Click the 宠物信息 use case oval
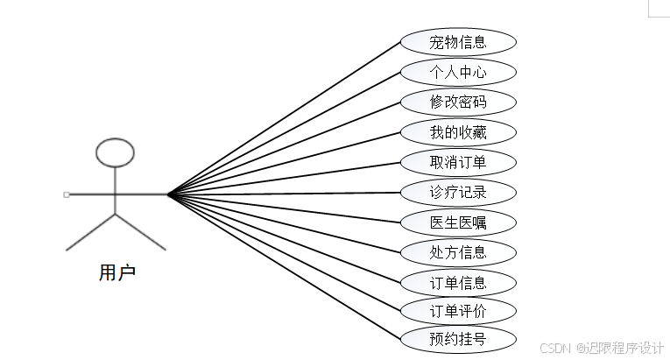point(458,41)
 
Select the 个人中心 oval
point(458,72)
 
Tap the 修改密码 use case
point(458,102)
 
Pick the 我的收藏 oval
point(458,132)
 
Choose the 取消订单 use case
point(458,162)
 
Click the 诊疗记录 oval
point(458,193)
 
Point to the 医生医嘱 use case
point(458,222)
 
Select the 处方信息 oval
point(458,252)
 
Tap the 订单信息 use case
point(458,282)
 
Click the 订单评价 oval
point(458,310)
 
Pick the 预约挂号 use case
point(458,338)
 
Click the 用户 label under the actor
point(116,272)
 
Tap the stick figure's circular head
point(115,152)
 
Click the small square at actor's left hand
point(67,194)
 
